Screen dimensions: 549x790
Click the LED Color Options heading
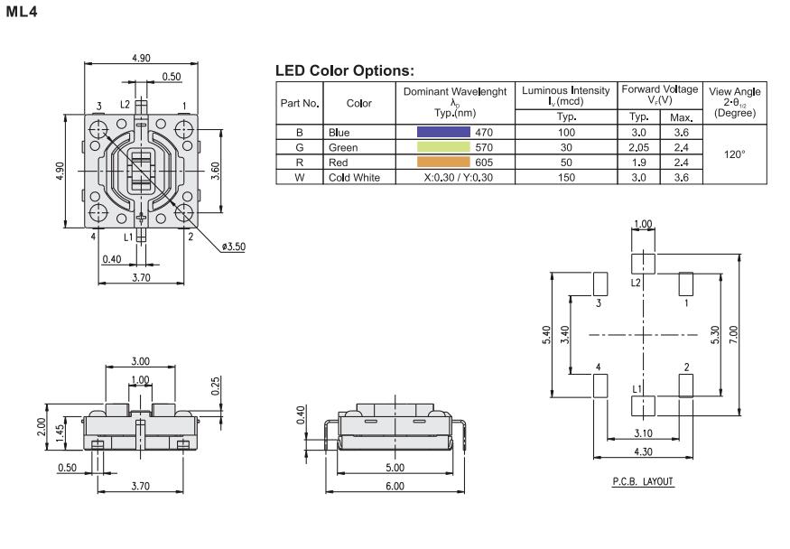(x=344, y=70)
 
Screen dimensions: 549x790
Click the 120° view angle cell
(x=733, y=154)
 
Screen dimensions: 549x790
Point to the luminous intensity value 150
(x=566, y=177)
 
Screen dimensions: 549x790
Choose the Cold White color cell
(x=355, y=177)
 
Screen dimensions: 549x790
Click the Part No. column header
(x=301, y=103)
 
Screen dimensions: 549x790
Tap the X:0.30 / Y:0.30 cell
(x=457, y=177)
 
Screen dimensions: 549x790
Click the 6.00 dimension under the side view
(x=394, y=486)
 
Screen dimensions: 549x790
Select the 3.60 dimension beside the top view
(x=214, y=172)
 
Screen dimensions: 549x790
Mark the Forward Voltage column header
(x=659, y=96)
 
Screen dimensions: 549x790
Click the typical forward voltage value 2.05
(x=640, y=147)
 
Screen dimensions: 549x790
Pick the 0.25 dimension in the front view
(x=214, y=386)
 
